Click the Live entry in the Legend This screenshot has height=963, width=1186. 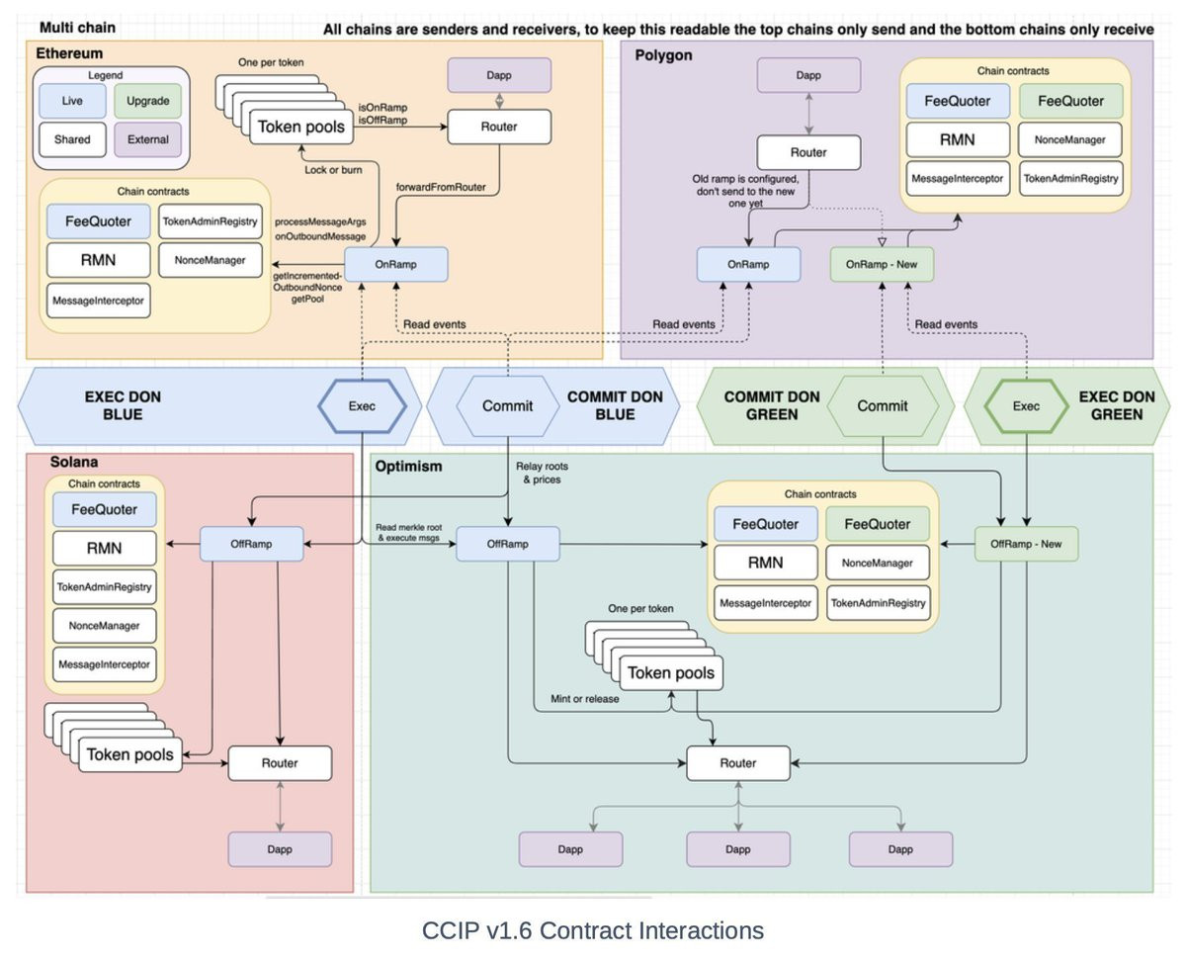(72, 101)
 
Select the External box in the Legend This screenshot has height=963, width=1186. (148, 139)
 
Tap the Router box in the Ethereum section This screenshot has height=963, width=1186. (499, 127)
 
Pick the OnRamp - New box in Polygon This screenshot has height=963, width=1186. (882, 264)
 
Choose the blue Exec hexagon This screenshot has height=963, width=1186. (363, 406)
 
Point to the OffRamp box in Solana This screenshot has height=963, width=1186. (251, 543)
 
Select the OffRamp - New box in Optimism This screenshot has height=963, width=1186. (1026, 543)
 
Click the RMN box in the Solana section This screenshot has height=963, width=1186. (104, 548)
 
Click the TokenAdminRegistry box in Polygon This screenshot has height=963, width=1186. (1072, 178)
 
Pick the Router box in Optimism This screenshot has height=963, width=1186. (738, 763)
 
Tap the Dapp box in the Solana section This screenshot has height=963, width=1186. (280, 849)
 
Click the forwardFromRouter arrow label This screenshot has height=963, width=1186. (440, 187)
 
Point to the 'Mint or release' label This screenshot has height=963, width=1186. (585, 700)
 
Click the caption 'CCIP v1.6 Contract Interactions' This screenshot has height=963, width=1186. (592, 930)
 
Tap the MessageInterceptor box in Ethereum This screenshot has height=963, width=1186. (99, 299)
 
